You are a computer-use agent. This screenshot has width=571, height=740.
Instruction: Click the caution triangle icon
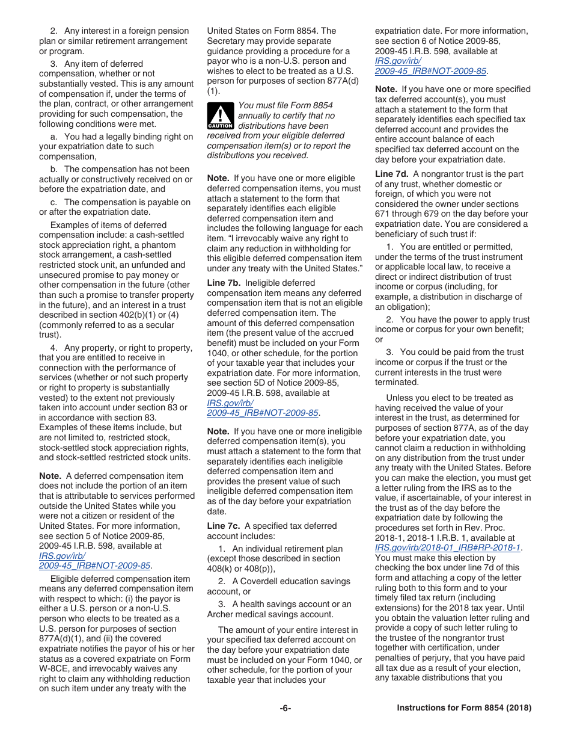point(220,116)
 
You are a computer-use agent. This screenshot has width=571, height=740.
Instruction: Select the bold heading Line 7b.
point(224,283)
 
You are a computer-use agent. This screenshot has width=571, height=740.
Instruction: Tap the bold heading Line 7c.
point(224,526)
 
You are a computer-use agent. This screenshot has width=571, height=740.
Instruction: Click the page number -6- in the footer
point(285,708)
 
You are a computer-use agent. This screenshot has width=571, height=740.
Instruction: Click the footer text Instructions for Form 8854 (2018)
point(464,708)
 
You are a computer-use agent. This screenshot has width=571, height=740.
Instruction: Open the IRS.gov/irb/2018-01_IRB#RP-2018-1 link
point(448,548)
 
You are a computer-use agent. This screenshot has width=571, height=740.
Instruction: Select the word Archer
point(223,614)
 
